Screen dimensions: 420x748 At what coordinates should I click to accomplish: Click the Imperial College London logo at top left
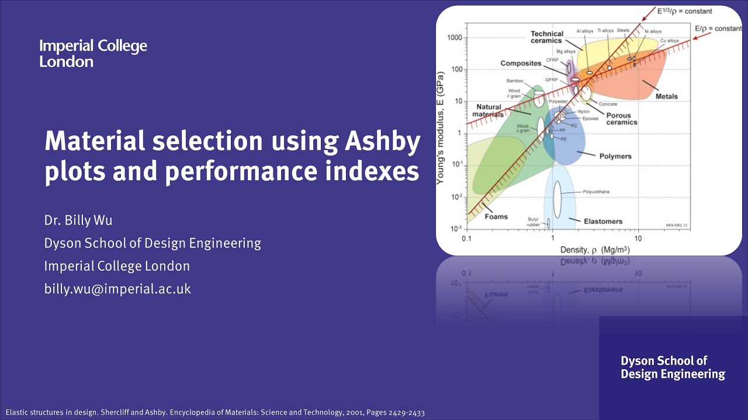93,54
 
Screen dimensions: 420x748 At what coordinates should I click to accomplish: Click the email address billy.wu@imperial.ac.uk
117,288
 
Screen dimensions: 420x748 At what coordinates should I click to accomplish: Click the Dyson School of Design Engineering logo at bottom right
673,367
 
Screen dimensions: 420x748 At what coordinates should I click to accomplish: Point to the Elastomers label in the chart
603,221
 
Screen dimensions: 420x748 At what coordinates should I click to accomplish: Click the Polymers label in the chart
615,156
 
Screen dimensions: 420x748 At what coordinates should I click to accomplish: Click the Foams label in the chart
496,216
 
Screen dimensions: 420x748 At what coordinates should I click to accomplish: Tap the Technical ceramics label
546,37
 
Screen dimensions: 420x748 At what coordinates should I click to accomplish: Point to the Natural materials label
488,111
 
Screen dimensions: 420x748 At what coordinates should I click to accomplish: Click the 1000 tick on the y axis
454,38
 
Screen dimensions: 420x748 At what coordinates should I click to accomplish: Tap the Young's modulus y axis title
442,128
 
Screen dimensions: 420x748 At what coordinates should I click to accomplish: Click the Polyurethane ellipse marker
557,198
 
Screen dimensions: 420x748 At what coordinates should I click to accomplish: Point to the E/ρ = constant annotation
718,28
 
